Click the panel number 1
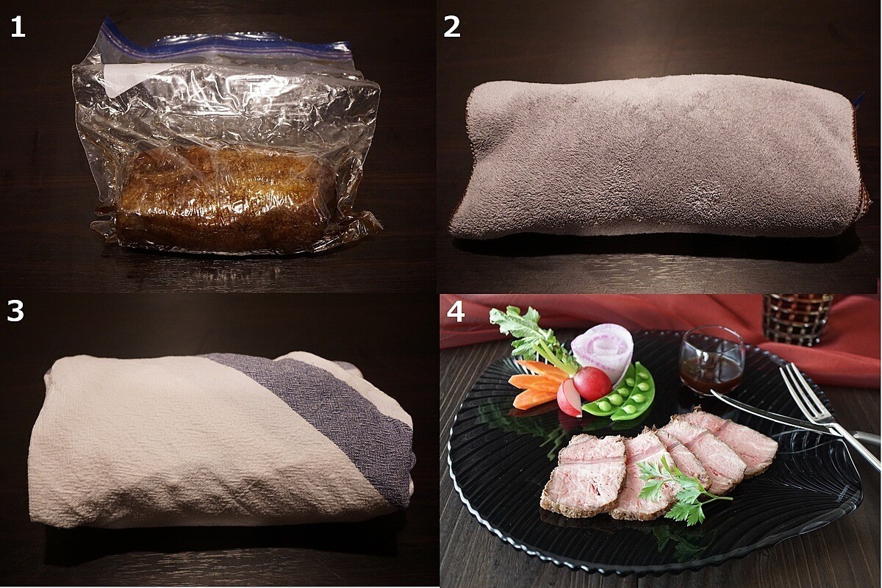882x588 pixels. click(x=18, y=28)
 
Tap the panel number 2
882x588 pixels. click(x=452, y=28)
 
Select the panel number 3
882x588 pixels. click(x=15, y=311)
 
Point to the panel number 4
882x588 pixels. click(x=455, y=312)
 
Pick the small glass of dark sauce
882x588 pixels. click(x=712, y=360)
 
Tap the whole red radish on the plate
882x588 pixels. click(x=592, y=383)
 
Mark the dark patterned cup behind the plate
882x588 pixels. click(x=797, y=319)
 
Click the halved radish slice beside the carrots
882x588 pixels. click(x=569, y=398)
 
